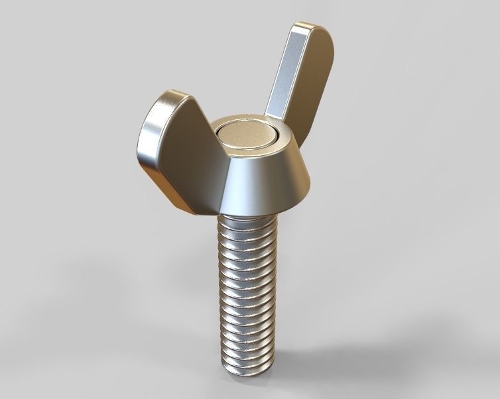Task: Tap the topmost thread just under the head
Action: [245, 222]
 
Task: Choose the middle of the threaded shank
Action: [245, 292]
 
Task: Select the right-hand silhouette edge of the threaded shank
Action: [273, 292]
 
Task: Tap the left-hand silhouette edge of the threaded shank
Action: [218, 292]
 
